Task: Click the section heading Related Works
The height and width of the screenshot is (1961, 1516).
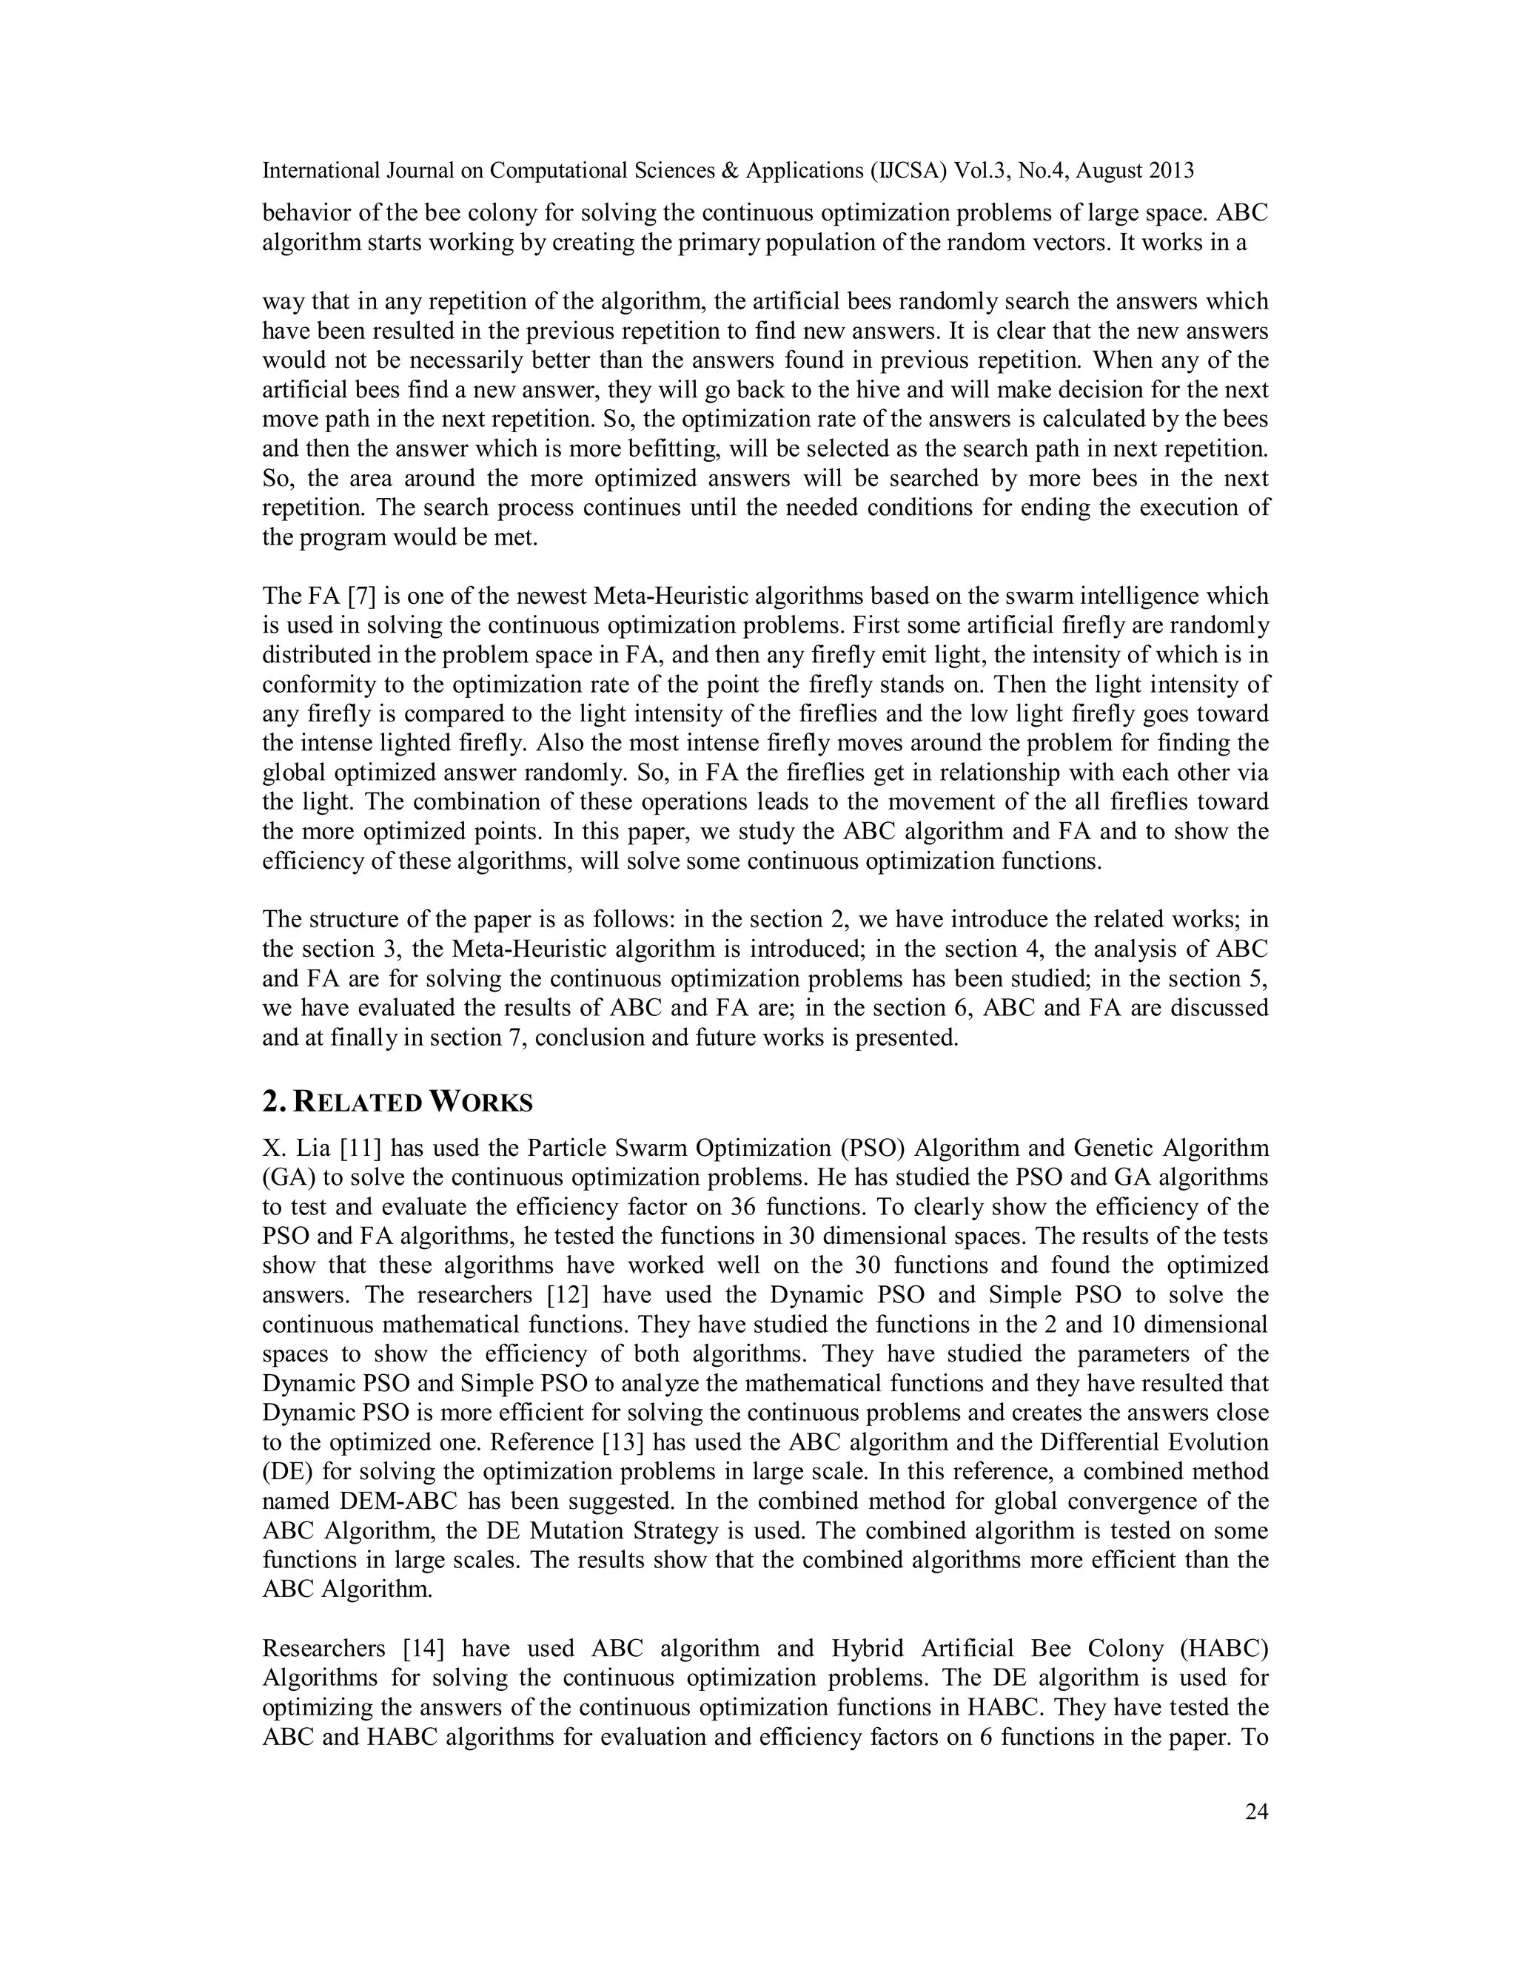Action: coord(397,1102)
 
